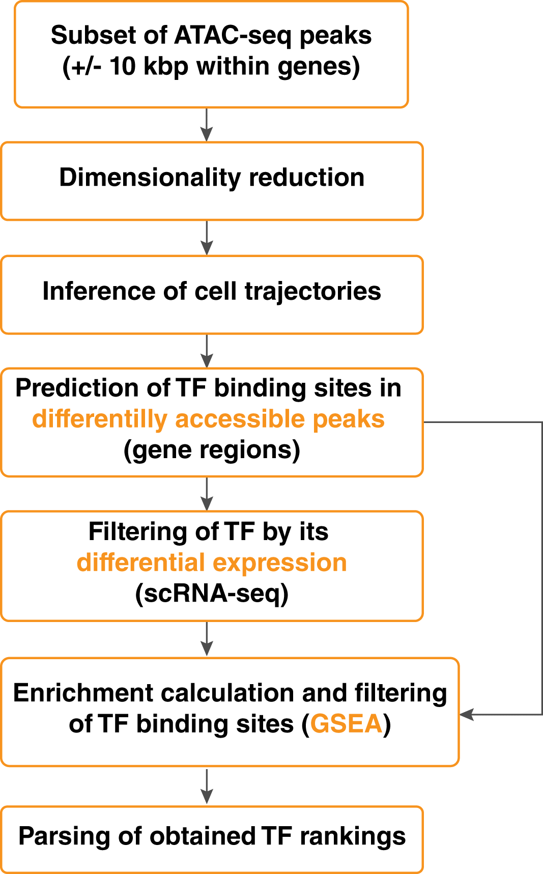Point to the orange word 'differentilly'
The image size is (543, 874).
[100, 419]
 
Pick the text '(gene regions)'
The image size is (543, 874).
[212, 450]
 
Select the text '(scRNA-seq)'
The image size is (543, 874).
[212, 594]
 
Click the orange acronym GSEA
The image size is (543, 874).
[346, 724]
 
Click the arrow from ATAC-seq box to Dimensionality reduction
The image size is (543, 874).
[207, 125]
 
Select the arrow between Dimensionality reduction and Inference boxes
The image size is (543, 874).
[207, 238]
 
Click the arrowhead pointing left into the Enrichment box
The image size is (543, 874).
[467, 715]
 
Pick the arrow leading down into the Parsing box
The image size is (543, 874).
[207, 786]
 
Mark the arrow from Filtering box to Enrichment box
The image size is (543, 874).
[207, 639]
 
